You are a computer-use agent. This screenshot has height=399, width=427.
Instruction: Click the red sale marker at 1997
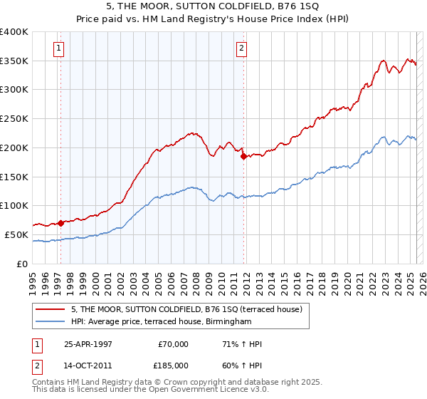60,222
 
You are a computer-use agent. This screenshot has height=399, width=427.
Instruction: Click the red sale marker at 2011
243,156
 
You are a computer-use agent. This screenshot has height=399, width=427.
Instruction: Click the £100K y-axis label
14,206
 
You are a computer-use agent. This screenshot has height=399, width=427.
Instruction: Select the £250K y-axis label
14,119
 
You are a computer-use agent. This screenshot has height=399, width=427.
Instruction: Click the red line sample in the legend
51,309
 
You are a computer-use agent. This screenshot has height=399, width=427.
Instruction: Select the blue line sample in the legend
51,321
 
